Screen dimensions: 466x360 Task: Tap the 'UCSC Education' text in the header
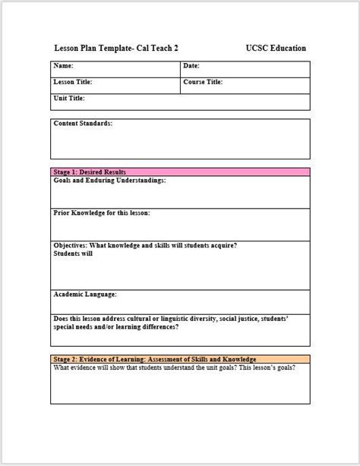(276, 49)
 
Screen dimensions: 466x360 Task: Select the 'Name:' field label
(65, 67)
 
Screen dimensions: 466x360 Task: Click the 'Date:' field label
(191, 67)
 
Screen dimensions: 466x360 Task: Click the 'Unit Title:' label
(69, 99)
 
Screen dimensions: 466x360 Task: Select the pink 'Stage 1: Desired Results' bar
(180, 173)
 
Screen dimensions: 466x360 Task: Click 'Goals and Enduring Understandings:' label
(110, 181)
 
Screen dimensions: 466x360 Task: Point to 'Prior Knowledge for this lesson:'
(102, 213)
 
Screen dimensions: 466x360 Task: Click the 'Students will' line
(74, 253)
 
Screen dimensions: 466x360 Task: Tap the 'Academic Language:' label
(85, 294)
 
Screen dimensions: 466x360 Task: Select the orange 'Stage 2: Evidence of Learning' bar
(180, 359)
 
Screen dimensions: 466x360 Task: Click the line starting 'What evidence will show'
(175, 367)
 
